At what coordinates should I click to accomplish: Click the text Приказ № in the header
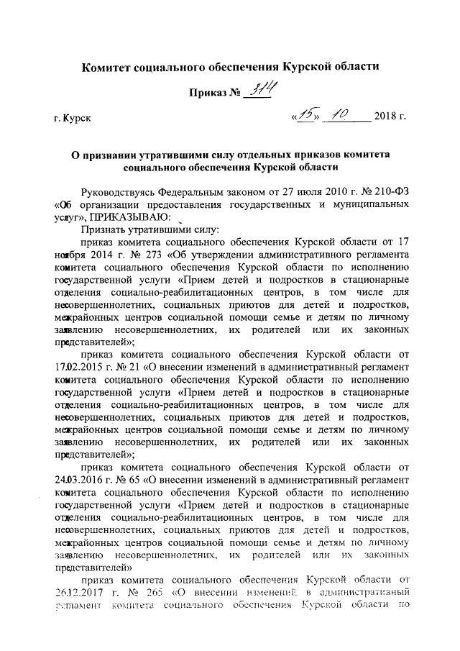click(x=214, y=94)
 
